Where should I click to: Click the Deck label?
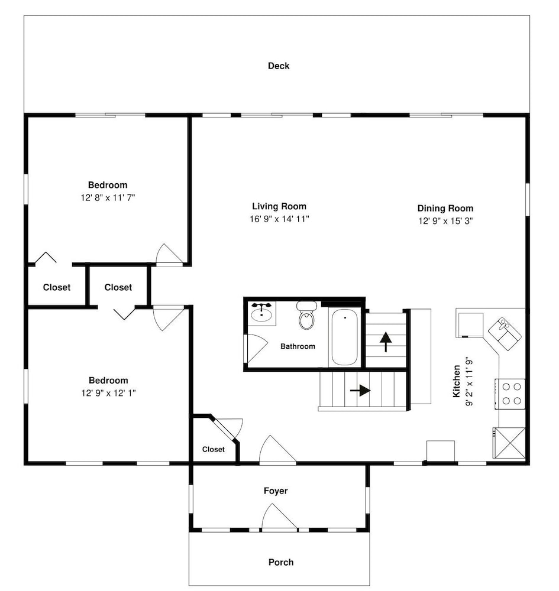(279, 66)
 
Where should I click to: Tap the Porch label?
(280, 562)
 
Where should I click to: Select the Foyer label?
(275, 491)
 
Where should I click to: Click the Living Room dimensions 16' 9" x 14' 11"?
(279, 219)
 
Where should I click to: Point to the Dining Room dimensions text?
(445, 221)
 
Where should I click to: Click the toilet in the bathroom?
(306, 315)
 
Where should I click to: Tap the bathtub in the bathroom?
(345, 337)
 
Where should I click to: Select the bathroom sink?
(262, 313)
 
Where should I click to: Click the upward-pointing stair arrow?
(386, 342)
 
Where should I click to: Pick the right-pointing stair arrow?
(360, 391)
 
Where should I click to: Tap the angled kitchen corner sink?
(505, 333)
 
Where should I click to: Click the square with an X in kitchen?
(509, 443)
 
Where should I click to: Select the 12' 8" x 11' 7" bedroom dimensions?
(108, 197)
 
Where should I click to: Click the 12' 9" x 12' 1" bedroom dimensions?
(108, 393)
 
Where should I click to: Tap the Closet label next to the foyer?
(213, 449)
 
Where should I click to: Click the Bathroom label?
(298, 346)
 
